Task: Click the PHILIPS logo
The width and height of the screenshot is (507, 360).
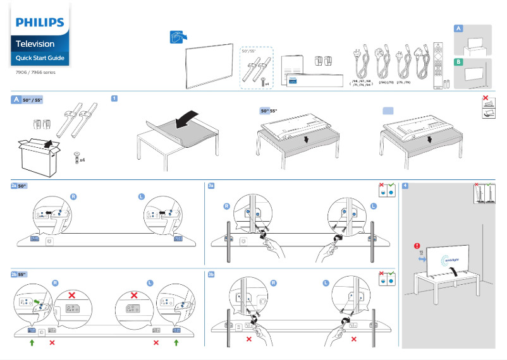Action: point(40,23)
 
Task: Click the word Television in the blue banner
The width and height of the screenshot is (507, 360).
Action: point(35,44)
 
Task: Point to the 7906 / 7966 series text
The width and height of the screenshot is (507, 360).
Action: point(35,73)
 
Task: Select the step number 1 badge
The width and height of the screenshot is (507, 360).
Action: point(114,99)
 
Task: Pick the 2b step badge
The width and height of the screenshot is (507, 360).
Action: point(14,275)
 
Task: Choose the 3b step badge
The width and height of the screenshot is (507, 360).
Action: point(211,275)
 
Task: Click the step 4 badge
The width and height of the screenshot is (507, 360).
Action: point(405,186)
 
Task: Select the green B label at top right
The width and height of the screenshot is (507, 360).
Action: point(458,62)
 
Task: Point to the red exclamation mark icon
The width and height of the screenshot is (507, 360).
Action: point(417,246)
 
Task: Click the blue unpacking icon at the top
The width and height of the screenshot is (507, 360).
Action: point(178,37)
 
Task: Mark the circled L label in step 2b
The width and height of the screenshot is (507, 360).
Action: point(150,283)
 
